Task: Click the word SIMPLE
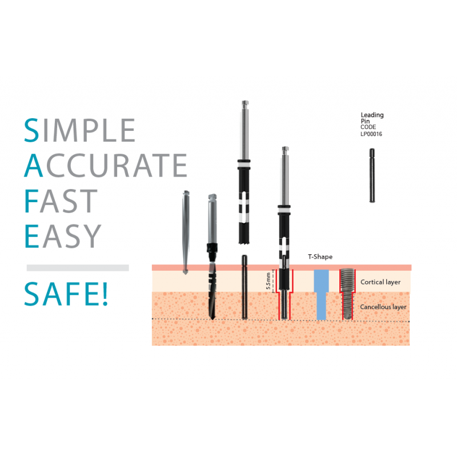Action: click(79, 130)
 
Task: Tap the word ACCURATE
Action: click(106, 165)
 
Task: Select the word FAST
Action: click(61, 201)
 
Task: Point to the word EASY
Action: click(63, 236)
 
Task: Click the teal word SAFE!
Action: click(66, 294)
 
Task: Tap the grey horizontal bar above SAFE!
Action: click(78, 268)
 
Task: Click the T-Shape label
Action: click(320, 256)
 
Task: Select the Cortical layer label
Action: click(380, 282)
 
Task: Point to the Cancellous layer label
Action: click(383, 307)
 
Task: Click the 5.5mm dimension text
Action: click(268, 281)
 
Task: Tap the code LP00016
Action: click(371, 134)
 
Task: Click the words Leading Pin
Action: click(372, 118)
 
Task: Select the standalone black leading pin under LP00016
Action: click(372, 175)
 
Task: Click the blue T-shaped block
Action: click(321, 294)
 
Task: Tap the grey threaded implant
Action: click(347, 294)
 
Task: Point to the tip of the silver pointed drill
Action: click(185, 274)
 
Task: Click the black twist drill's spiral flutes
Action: click(213, 291)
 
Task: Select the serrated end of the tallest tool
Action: click(244, 240)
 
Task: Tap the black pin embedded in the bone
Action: click(244, 287)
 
